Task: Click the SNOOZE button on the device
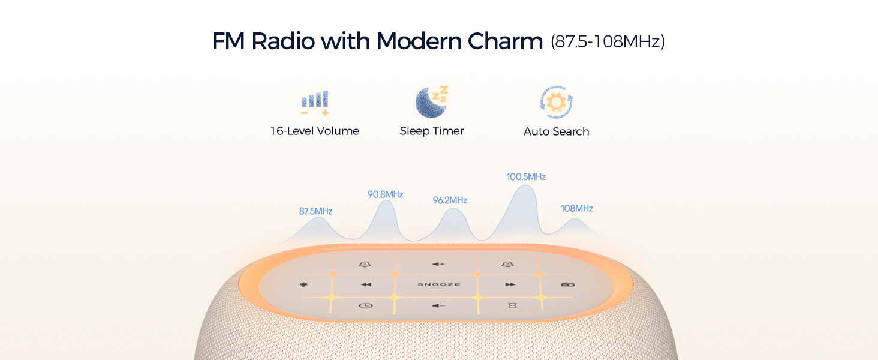coord(439,284)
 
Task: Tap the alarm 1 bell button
coord(365,264)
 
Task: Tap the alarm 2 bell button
coord(507,264)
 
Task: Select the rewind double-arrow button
coord(366,284)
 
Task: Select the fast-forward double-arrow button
coord(510,284)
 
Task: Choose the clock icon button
coord(365,305)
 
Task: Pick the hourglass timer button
coord(511,305)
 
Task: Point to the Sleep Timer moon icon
coord(432,102)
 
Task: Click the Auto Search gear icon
coord(556,103)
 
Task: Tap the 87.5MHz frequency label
coord(315,211)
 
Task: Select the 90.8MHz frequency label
coord(385,194)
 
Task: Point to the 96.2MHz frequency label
coord(450,200)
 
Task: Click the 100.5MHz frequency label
coord(526,177)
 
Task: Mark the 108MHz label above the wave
coord(576,208)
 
